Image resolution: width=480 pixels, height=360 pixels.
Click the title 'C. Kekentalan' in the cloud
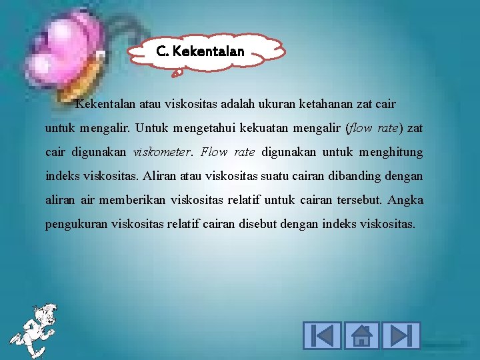coord(200,51)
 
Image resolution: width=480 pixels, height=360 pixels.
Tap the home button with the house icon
coord(361,335)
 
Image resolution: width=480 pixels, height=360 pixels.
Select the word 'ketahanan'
coord(325,104)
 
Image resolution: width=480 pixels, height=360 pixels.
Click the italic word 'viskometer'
coord(161,152)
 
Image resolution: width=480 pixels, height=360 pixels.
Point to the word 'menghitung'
coord(391,152)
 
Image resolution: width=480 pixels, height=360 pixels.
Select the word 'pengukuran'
coord(73,225)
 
